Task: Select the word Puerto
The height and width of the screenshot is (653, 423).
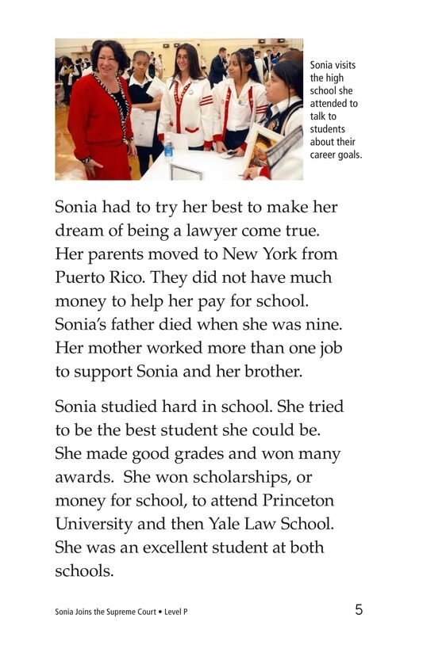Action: click(81, 279)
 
